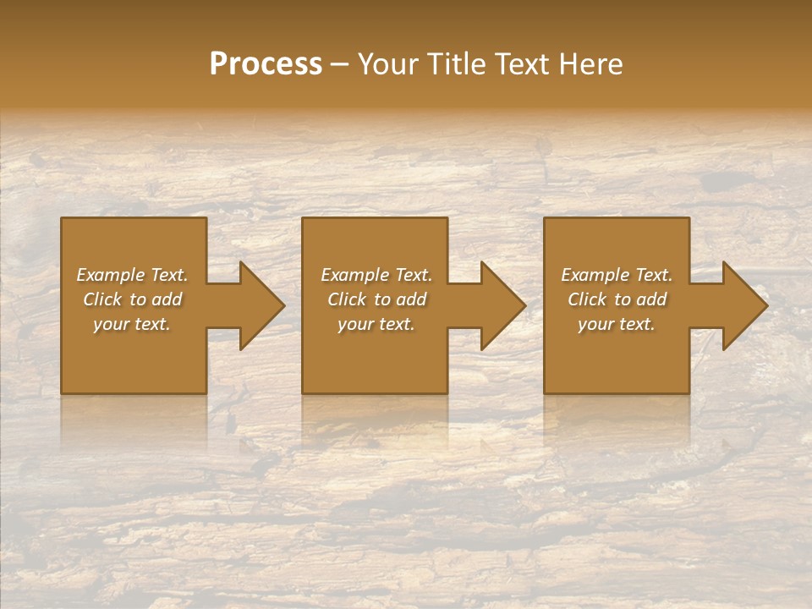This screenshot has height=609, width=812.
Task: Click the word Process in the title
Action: [x=266, y=64]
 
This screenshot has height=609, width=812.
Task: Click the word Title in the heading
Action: [x=453, y=64]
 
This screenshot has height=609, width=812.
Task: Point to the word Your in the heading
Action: [x=387, y=64]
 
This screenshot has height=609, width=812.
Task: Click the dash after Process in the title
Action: [x=340, y=65]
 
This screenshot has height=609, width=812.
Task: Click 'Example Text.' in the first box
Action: [x=132, y=275]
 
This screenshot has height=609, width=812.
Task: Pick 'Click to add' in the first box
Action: [x=132, y=299]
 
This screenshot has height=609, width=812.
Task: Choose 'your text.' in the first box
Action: [x=132, y=324]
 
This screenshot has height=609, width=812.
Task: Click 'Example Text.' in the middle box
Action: [x=376, y=275]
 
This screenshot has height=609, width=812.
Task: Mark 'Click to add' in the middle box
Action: [x=376, y=299]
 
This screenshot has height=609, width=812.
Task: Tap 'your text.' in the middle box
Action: [x=376, y=324]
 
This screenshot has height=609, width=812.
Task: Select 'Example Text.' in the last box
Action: [x=617, y=275]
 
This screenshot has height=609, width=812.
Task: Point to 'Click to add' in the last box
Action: [x=617, y=299]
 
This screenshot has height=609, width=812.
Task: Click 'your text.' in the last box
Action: [x=617, y=324]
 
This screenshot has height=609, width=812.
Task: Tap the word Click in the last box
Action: [x=587, y=299]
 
